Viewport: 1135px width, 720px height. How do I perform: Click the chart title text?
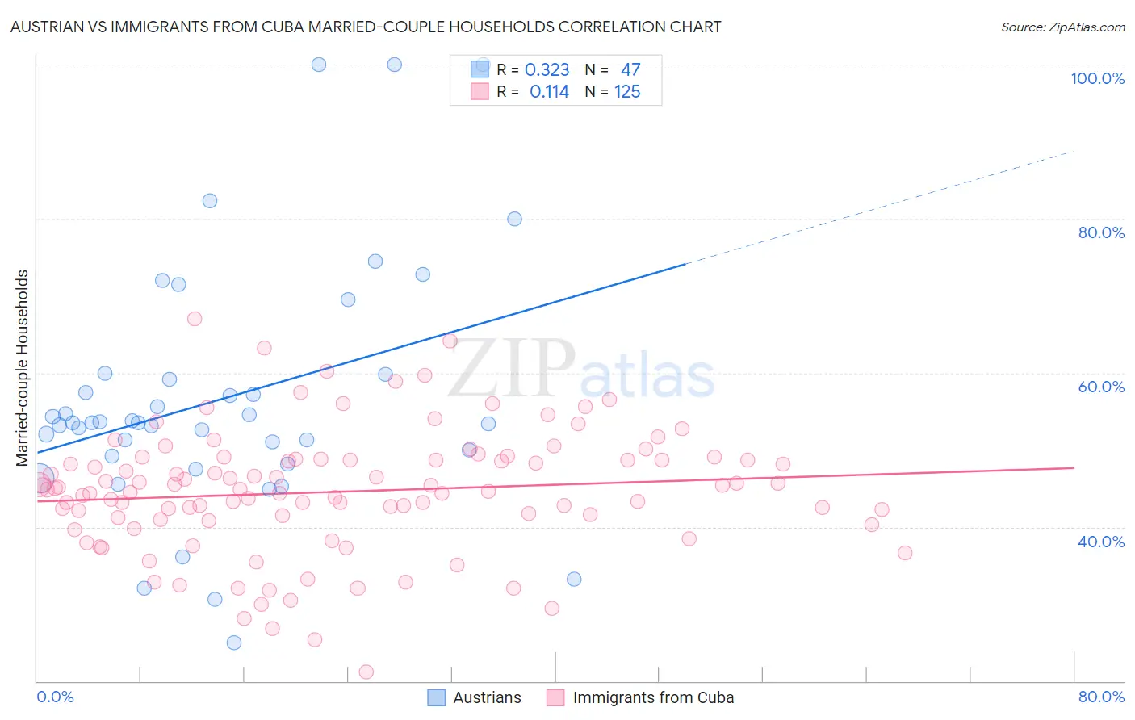click(366, 27)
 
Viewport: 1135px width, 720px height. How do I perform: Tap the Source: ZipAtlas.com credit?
click(1062, 27)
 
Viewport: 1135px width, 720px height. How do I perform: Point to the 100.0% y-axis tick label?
click(1097, 78)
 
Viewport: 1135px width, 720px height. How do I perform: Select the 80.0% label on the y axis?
click(1101, 232)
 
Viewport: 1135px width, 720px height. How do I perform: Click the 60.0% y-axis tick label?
click(1101, 387)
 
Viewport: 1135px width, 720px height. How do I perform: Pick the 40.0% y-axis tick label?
click(1101, 541)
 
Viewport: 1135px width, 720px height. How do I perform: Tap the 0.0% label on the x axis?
click(55, 697)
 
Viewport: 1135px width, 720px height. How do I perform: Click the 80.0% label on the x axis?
click(1101, 697)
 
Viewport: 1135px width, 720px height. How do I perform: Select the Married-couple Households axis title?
click(23, 368)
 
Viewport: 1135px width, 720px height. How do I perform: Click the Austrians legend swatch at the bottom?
click(436, 697)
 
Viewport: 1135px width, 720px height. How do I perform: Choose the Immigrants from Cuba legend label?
click(653, 697)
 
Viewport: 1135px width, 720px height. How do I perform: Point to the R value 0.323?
click(547, 70)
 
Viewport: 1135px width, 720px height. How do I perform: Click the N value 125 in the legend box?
click(627, 92)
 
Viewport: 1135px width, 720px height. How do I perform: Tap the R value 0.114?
click(549, 92)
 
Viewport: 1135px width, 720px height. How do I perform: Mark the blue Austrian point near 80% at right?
click(514, 219)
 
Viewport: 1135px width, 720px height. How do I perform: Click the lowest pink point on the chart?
click(366, 672)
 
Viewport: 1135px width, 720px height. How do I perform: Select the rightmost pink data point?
click(905, 553)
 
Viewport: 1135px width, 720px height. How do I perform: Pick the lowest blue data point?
click(234, 643)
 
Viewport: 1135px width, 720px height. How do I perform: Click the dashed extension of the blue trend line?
click(880, 207)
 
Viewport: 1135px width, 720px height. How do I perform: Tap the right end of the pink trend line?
click(1074, 467)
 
